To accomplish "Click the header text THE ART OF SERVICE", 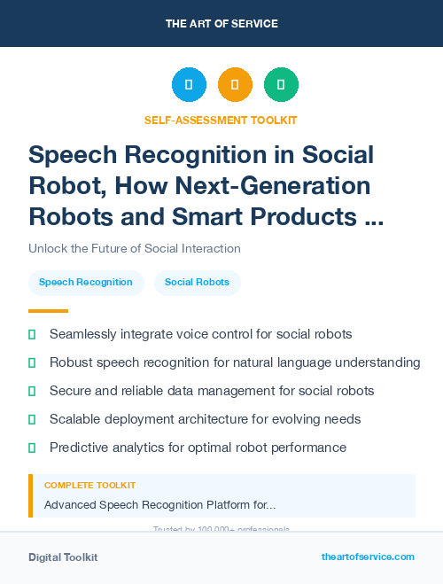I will [x=221, y=23].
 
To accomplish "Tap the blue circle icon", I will [x=189, y=84].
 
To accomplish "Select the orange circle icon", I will [x=235, y=84].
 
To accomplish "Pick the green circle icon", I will [x=281, y=84].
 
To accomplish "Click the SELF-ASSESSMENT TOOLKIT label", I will [x=221, y=120].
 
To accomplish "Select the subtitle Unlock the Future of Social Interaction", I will [x=135, y=248].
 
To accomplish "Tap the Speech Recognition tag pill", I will [x=86, y=283].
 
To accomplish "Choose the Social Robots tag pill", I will [x=197, y=283].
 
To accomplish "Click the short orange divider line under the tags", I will [x=48, y=311].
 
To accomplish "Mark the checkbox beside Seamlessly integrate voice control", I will [x=32, y=334].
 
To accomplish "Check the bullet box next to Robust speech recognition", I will [x=32, y=362].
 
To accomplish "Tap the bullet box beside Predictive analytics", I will [x=32, y=448].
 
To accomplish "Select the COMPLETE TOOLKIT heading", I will [x=89, y=486].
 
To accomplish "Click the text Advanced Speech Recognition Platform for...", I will [x=159, y=505].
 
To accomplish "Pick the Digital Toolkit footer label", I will [x=63, y=557].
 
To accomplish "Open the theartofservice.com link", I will [x=368, y=557].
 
